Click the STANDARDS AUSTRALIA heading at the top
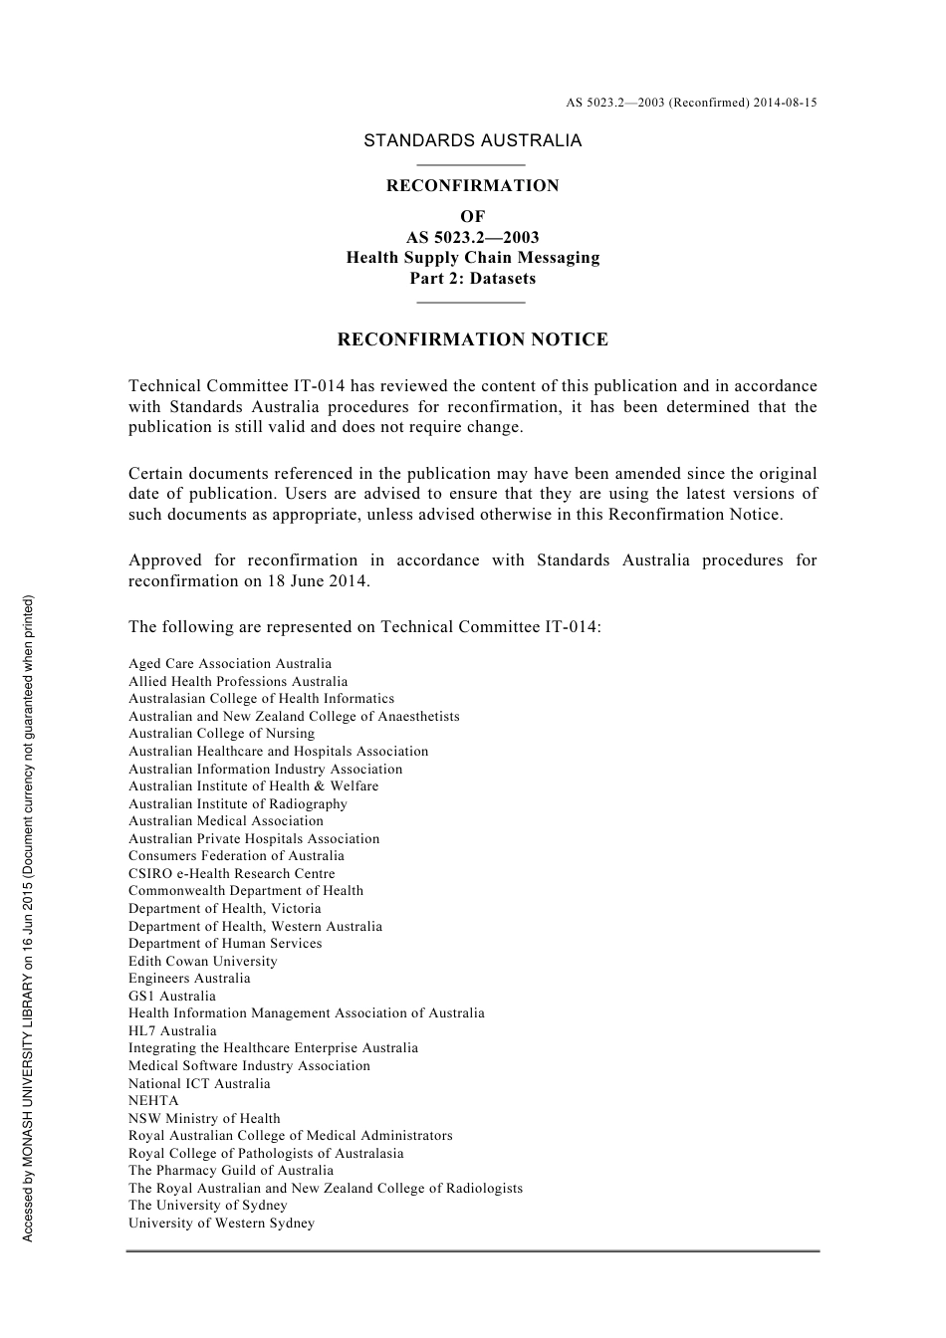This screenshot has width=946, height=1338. click(472, 140)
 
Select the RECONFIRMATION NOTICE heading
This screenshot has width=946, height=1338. click(472, 339)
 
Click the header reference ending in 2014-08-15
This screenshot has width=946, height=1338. click(691, 103)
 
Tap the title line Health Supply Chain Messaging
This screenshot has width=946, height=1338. click(472, 258)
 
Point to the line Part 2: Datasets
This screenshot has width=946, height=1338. click(472, 279)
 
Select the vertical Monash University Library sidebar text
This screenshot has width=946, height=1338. click(29, 918)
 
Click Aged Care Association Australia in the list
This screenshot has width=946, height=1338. click(230, 664)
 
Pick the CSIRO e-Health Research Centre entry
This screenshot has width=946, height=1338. click(231, 874)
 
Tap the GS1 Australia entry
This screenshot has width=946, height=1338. click(171, 997)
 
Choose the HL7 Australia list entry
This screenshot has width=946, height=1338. click(171, 1031)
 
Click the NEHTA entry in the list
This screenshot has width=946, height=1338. click(153, 1101)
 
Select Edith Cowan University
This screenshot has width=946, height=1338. click(202, 962)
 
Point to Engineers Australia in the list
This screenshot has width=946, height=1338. click(189, 979)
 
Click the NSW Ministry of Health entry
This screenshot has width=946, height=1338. click(204, 1119)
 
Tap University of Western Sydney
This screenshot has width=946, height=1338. click(221, 1224)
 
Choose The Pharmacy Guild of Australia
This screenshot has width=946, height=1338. click(231, 1171)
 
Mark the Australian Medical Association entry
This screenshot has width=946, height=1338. click(226, 821)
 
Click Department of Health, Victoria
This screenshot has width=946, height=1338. click(224, 909)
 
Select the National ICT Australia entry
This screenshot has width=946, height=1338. click(199, 1084)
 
